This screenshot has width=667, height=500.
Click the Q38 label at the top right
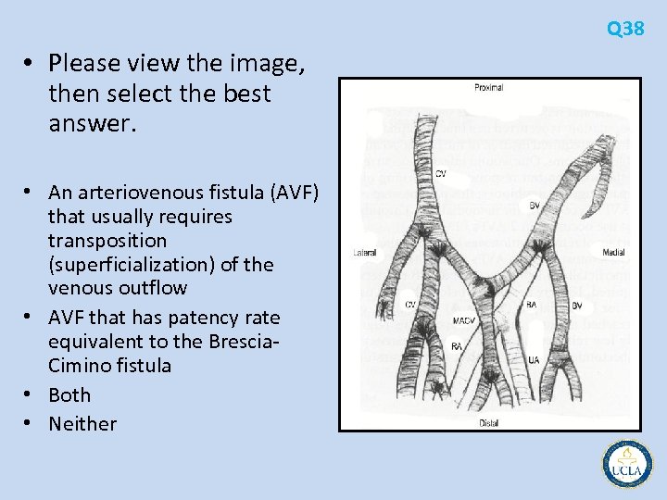point(625,29)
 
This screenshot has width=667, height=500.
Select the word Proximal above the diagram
point(488,88)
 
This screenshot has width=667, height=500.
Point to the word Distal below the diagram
point(488,422)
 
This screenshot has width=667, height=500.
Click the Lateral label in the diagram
point(365,253)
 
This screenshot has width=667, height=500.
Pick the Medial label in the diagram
point(613,252)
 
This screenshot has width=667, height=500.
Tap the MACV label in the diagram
point(465,320)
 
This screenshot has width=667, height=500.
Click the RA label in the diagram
point(457,346)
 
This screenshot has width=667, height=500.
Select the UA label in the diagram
point(534,359)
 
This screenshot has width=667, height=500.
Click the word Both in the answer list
point(69,394)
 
